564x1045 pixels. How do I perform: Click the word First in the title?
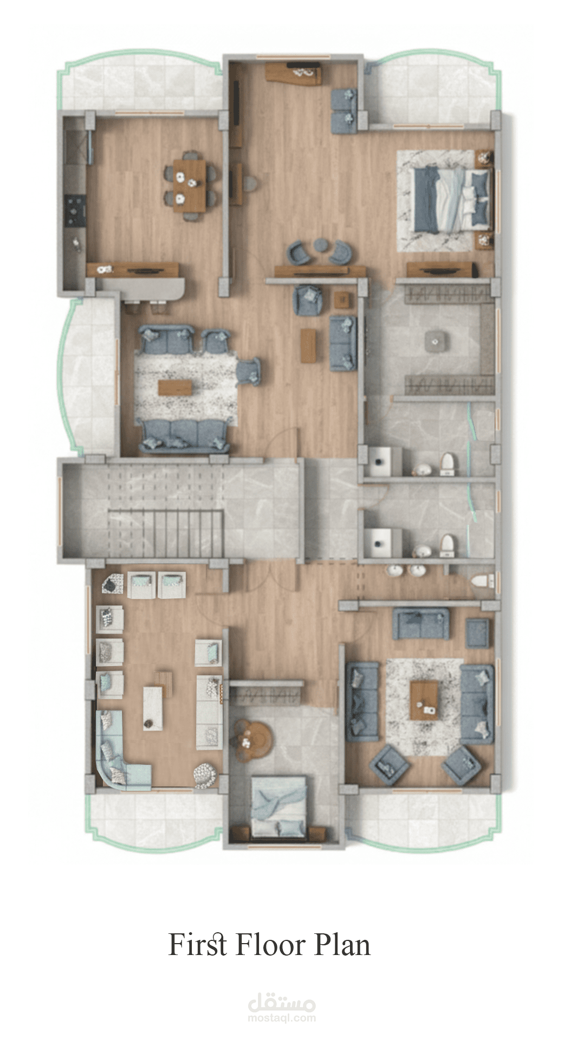click(197, 945)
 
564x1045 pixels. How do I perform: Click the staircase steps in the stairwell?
click(166, 533)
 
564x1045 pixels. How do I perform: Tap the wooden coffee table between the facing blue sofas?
click(424, 700)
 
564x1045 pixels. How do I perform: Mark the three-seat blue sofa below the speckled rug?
click(184, 436)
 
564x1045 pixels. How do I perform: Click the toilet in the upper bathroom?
click(447, 465)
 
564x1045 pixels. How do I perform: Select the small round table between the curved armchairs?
click(321, 245)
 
